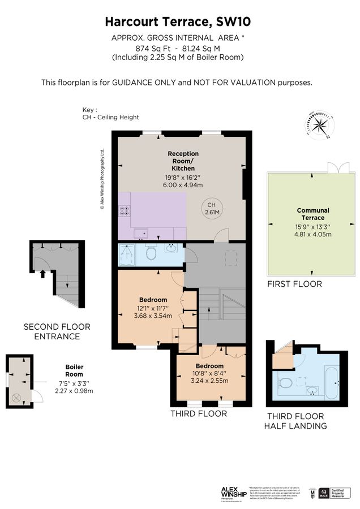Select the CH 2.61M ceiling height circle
[x=212, y=209]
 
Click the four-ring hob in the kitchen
[x=124, y=211]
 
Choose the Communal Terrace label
[x=313, y=214]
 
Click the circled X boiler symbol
[x=15, y=398]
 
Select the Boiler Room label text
[x=74, y=370]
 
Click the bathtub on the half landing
[x=332, y=382]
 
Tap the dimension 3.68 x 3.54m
[x=153, y=316]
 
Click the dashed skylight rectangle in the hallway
[x=230, y=258]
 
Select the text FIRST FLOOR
[x=294, y=284]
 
